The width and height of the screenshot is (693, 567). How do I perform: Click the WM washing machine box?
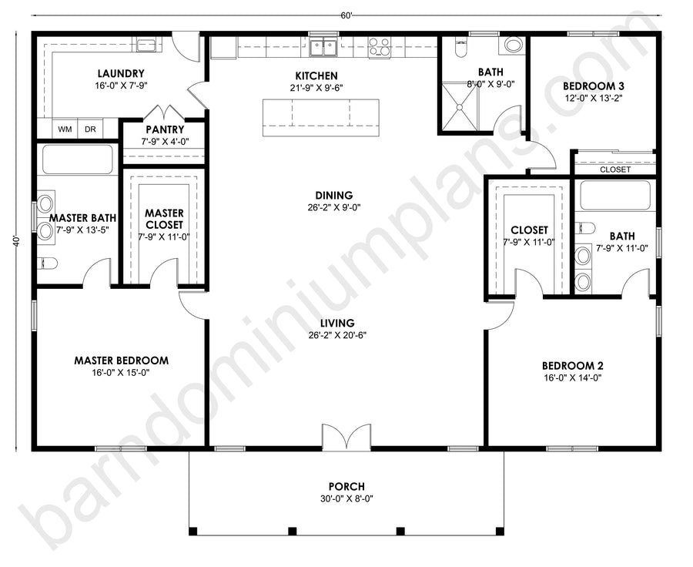click(65, 129)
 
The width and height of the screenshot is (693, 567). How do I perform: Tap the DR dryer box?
click(90, 129)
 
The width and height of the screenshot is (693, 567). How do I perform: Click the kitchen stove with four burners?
click(380, 48)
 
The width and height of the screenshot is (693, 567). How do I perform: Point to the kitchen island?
click(321, 118)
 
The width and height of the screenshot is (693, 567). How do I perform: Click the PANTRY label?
click(165, 129)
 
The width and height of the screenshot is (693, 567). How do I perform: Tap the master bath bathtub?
click(77, 159)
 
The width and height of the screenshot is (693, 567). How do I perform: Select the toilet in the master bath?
click(48, 263)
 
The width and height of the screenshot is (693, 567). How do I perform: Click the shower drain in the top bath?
click(460, 106)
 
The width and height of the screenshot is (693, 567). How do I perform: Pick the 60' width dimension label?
click(346, 16)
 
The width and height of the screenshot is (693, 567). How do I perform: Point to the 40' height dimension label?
click(17, 240)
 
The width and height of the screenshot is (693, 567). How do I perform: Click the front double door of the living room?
click(346, 437)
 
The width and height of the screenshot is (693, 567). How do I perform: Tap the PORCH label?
click(346, 487)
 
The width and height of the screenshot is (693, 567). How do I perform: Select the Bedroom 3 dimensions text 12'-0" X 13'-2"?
click(593, 98)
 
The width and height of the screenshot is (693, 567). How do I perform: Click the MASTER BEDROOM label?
click(121, 361)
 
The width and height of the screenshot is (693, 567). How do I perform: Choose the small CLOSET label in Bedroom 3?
click(615, 169)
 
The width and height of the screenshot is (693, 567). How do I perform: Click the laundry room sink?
click(146, 45)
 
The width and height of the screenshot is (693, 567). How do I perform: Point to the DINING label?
click(334, 195)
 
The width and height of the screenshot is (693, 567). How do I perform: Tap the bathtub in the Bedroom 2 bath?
click(615, 195)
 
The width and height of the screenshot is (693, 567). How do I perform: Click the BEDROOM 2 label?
click(573, 366)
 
